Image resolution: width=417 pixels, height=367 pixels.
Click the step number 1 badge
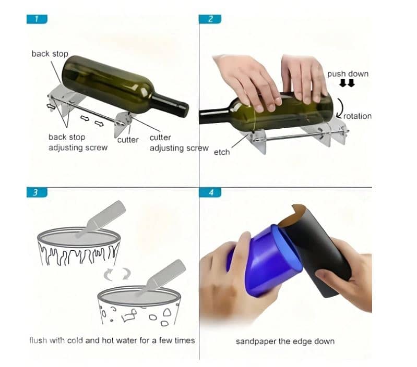click(x=37, y=19)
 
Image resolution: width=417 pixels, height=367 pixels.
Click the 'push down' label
click(x=348, y=74)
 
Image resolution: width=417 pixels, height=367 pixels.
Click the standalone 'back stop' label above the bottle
click(x=50, y=54)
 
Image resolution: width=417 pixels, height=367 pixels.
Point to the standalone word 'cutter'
click(x=128, y=140)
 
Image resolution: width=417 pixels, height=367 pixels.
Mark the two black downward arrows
click(x=347, y=83)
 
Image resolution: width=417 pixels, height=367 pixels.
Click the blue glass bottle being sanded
click(x=264, y=263)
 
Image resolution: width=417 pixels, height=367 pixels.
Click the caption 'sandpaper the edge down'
click(x=285, y=341)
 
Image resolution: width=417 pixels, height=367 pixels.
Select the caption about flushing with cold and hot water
click(x=112, y=340)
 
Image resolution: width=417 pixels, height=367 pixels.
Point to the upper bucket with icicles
click(x=79, y=248)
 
